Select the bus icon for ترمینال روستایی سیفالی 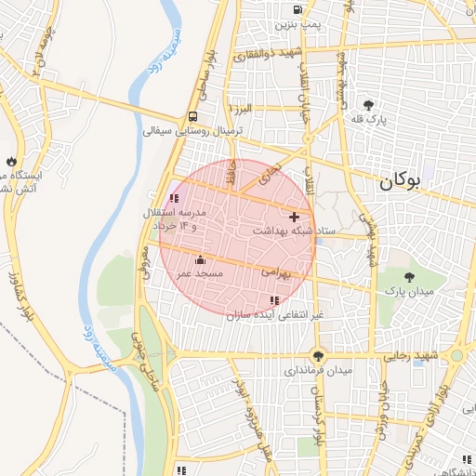(192, 117)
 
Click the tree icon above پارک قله (369, 104)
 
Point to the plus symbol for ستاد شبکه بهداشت (295, 216)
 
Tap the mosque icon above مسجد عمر (199, 259)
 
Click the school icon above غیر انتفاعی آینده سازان (273, 300)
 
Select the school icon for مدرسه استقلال (174, 198)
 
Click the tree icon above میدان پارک (410, 276)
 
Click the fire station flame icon (10, 160)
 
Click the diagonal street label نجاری (271, 173)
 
